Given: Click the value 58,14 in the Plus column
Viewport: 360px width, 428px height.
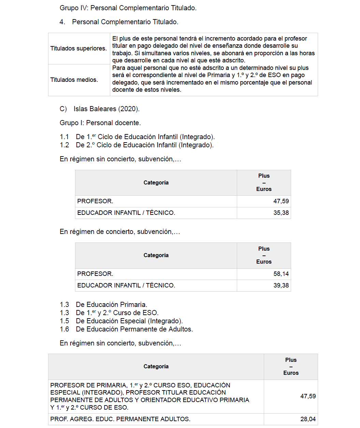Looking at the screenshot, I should pos(281,274).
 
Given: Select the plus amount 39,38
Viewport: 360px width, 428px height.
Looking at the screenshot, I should pos(281,285).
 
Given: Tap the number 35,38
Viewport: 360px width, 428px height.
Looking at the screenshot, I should pos(281,213).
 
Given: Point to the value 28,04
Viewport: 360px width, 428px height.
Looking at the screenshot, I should pos(308,419).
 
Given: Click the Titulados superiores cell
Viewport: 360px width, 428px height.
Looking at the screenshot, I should pos(78,48).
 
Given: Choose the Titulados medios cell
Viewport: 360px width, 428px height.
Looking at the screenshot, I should pos(74,80).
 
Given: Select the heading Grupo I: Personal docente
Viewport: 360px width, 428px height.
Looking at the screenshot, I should pos(100,123).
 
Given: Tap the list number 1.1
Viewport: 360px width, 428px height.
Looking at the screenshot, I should pos(64,137).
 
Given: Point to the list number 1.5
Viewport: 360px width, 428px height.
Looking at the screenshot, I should pos(64,321).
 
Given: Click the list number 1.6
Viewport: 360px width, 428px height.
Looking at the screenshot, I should pos(64,329).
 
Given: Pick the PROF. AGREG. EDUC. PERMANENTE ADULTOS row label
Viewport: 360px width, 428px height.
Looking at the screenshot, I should pos(120,419).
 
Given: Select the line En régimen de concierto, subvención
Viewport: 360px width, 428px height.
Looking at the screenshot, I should pos(119,232).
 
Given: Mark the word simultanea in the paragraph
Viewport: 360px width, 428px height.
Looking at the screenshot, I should pos(157,53).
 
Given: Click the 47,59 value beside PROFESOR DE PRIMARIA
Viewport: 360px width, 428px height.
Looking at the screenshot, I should pos(308,396).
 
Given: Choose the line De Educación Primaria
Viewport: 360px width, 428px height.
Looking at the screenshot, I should pos(111,305).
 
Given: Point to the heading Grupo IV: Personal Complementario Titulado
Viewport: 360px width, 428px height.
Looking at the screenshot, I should pos(128,8).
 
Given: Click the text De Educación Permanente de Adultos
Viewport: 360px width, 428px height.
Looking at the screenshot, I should pos(134,329).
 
